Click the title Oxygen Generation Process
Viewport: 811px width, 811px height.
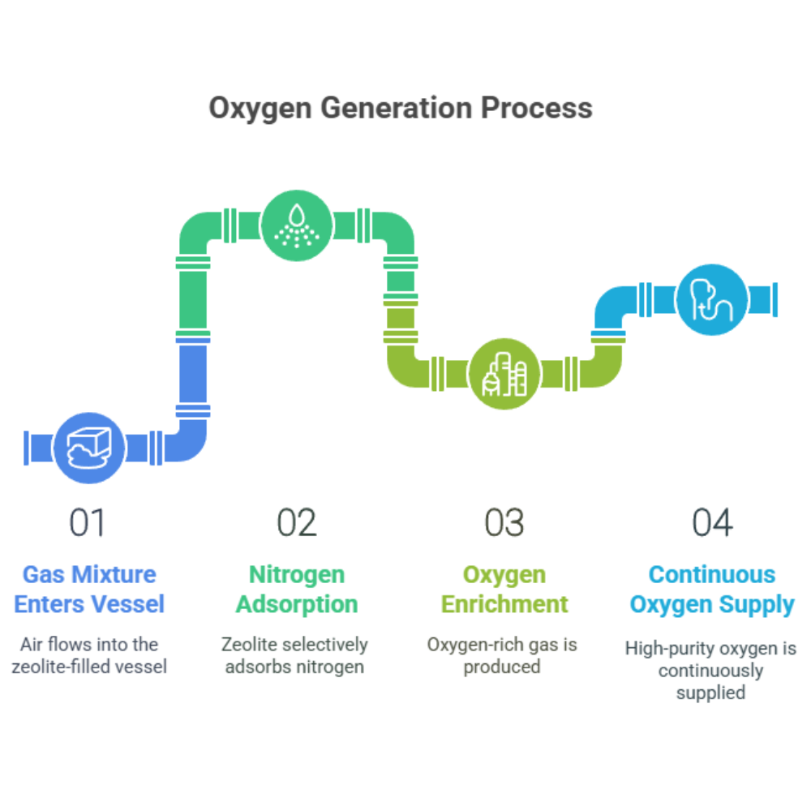[x=400, y=107]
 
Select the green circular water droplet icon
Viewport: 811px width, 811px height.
[x=298, y=225]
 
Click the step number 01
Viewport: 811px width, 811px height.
[x=88, y=523]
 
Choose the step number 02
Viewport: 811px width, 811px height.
[x=297, y=523]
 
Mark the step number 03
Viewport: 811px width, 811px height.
[x=504, y=523]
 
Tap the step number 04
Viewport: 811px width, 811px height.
[x=712, y=523]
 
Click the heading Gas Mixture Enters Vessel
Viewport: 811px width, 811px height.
[x=89, y=590]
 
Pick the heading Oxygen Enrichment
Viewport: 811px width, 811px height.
[x=504, y=590]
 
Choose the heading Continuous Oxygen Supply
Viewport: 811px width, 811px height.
[x=712, y=590]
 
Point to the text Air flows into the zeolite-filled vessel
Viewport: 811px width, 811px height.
[x=89, y=656]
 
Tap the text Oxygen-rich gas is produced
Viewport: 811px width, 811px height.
[x=503, y=656]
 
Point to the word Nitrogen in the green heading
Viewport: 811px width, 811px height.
[x=297, y=575]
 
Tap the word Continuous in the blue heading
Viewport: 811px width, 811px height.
[x=712, y=575]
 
